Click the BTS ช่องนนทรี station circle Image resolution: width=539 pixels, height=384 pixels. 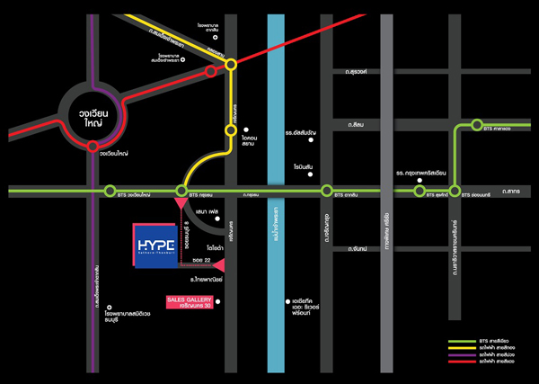[x=455, y=191]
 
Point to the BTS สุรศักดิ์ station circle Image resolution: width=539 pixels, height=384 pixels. [x=419, y=191]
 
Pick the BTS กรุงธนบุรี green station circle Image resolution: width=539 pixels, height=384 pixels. [x=181, y=191]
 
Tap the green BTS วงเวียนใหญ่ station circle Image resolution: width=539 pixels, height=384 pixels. [x=110, y=191]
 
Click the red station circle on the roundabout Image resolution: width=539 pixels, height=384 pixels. [x=94, y=153]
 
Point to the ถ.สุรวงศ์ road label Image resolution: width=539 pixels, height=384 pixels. [x=344, y=71]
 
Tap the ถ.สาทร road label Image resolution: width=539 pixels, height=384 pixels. [x=513, y=192]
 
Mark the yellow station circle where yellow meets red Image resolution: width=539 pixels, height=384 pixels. [x=231, y=64]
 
